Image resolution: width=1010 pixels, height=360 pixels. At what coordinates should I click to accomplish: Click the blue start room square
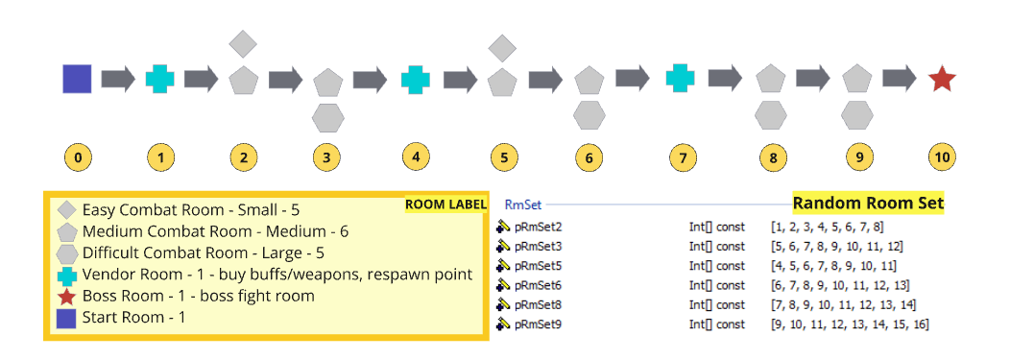pyautogui.click(x=77, y=79)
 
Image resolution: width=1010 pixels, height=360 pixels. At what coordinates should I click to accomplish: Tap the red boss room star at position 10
pyautogui.click(x=942, y=79)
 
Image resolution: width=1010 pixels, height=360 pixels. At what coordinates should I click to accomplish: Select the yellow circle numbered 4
pyautogui.click(x=415, y=156)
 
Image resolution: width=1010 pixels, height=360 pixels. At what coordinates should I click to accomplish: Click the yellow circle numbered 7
pyautogui.click(x=680, y=156)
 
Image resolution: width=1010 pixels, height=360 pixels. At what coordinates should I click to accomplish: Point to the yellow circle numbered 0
pyautogui.click(x=77, y=156)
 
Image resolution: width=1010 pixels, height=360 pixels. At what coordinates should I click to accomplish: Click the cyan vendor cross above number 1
pyautogui.click(x=161, y=79)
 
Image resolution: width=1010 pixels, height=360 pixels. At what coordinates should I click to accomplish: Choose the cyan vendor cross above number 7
pyautogui.click(x=680, y=79)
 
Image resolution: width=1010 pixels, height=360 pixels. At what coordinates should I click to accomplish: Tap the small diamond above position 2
pyautogui.click(x=244, y=43)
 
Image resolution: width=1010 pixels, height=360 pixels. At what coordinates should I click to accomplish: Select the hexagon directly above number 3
pyautogui.click(x=328, y=116)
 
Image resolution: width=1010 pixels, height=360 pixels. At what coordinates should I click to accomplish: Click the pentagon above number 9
pyautogui.click(x=856, y=79)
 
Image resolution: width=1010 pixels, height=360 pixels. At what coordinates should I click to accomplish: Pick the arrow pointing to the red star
pyautogui.click(x=900, y=79)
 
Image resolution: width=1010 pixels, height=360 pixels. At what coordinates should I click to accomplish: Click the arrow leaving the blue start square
pyautogui.click(x=118, y=79)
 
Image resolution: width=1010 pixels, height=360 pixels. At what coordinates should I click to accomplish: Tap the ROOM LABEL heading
pyautogui.click(x=445, y=204)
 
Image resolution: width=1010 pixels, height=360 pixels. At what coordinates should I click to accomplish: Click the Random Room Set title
pyautogui.click(x=868, y=203)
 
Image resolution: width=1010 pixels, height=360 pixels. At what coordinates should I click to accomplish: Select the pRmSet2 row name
pyautogui.click(x=538, y=227)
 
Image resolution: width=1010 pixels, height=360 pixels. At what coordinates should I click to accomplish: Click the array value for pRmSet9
pyautogui.click(x=850, y=324)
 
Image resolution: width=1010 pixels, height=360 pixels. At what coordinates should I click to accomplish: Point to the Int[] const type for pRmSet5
pyautogui.click(x=716, y=266)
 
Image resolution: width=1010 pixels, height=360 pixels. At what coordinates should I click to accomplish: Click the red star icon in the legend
pyautogui.click(x=66, y=296)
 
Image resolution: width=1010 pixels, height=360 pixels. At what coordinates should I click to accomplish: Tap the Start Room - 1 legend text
pyautogui.click(x=133, y=318)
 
